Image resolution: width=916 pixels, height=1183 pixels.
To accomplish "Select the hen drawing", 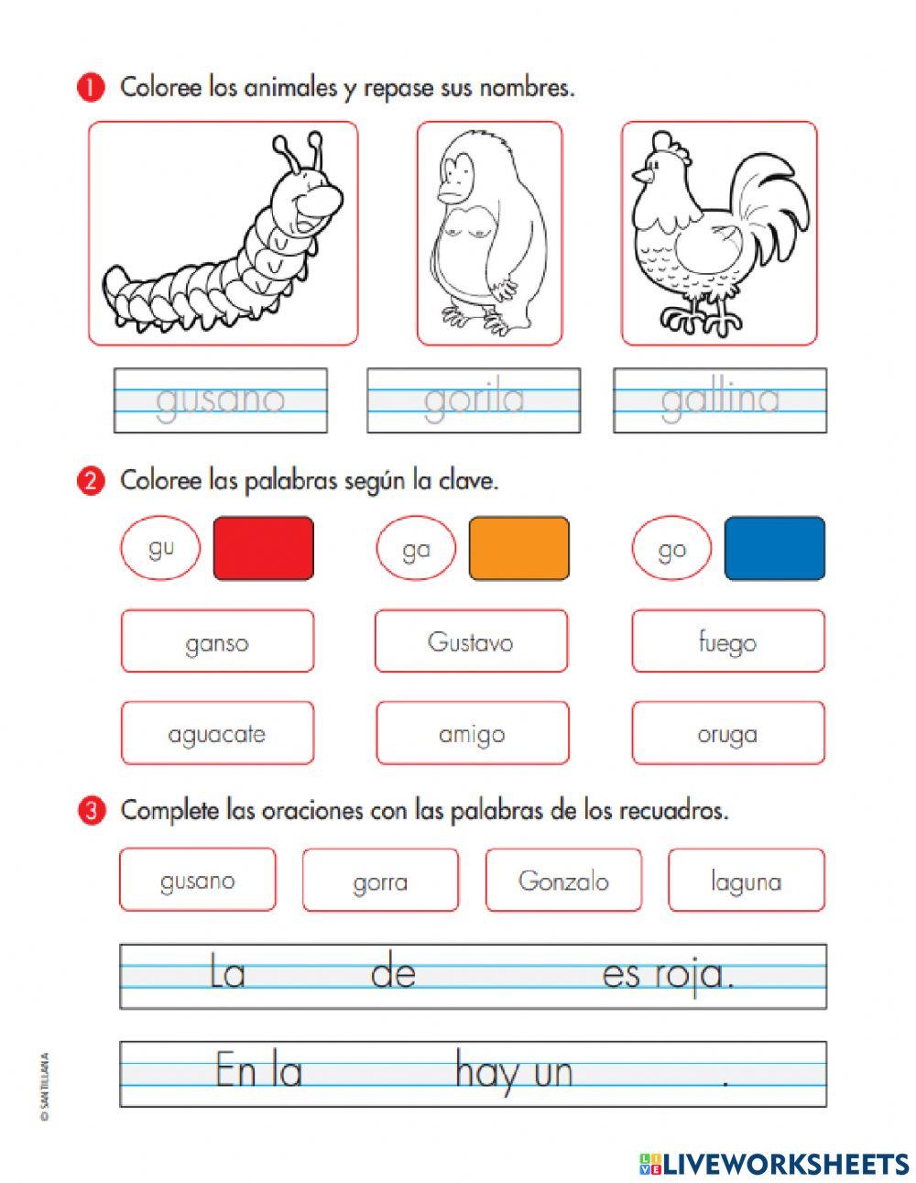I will click(x=718, y=234).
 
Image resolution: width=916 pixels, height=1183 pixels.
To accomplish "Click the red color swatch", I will click(x=263, y=548).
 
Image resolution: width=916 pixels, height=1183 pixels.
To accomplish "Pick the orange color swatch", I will click(x=518, y=548).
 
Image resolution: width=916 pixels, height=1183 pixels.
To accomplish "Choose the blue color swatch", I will click(x=774, y=548).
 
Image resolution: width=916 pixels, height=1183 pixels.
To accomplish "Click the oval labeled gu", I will click(x=160, y=548).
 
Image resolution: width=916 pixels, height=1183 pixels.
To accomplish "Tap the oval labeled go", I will click(x=671, y=549).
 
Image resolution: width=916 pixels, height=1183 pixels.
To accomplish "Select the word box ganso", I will click(x=217, y=641).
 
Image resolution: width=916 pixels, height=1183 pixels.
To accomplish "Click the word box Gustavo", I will click(x=471, y=641).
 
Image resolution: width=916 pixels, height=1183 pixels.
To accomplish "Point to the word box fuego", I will click(x=727, y=641).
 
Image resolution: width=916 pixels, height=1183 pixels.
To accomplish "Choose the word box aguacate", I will click(x=217, y=733).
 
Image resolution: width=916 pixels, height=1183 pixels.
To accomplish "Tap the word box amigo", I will click(x=472, y=733).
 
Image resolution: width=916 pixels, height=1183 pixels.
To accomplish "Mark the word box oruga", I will click(x=727, y=733).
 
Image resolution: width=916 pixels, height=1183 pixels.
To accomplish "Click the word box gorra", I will click(x=380, y=881).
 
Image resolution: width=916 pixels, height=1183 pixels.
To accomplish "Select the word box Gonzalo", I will click(x=563, y=881).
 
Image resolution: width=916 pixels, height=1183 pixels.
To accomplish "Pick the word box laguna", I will click(x=746, y=881).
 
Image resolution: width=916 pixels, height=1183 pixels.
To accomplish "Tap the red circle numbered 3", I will click(x=90, y=810).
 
